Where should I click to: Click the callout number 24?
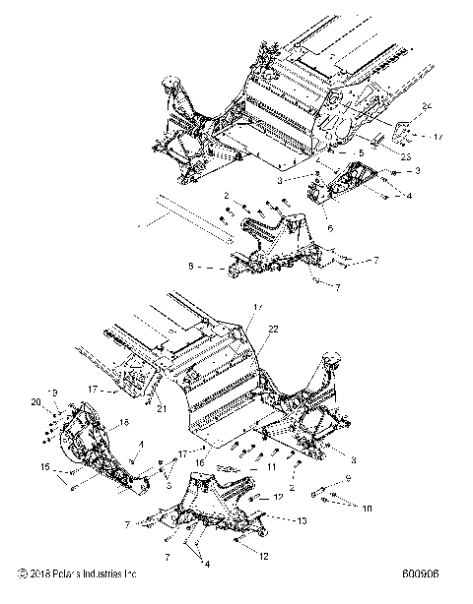(x=426, y=105)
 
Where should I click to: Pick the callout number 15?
(x=45, y=466)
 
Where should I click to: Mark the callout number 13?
(x=302, y=521)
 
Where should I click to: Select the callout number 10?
(x=368, y=510)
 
